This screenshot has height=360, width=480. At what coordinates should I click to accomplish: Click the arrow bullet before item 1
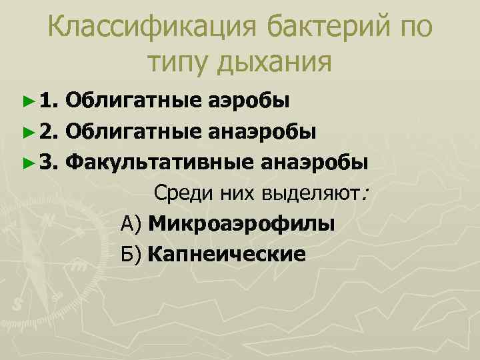point(27,101)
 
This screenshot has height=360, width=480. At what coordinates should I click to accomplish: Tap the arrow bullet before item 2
point(27,131)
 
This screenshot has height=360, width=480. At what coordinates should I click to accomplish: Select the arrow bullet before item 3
point(27,161)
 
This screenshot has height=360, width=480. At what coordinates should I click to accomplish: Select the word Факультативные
point(159,161)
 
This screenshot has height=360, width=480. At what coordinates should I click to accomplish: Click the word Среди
point(179,193)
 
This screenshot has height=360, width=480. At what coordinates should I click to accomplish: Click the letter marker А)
point(132,223)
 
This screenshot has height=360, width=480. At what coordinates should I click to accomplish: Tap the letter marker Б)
point(132,254)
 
